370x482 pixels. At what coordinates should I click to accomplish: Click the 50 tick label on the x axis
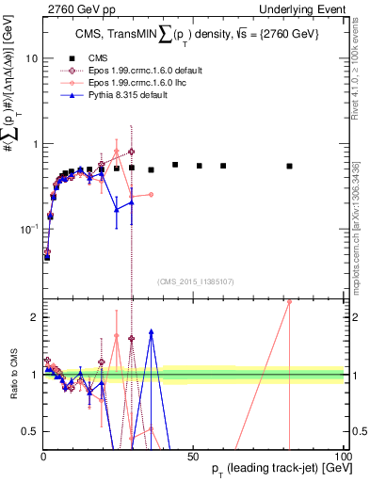click(x=193, y=456)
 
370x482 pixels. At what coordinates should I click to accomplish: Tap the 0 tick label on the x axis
click(x=43, y=456)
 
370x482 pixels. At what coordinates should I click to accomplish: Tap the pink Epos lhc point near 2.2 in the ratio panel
click(x=289, y=302)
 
